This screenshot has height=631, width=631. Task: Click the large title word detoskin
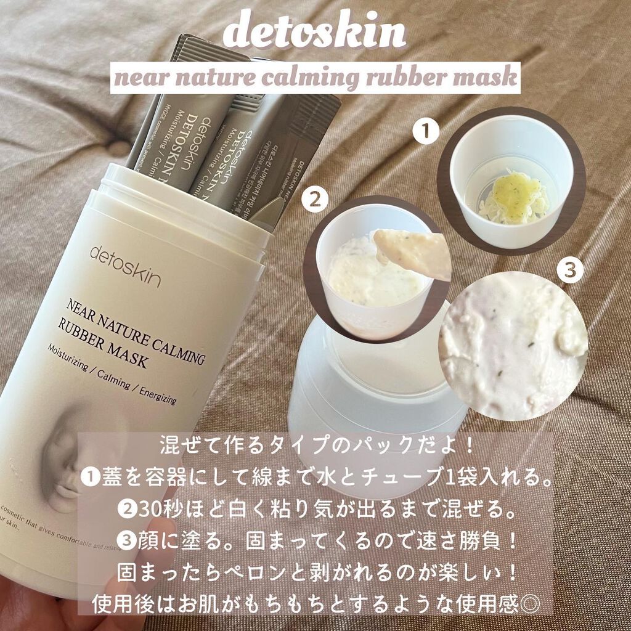pos(315,36)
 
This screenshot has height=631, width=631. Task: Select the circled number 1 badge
pos(425,131)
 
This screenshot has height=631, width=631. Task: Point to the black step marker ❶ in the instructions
pos(89,475)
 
